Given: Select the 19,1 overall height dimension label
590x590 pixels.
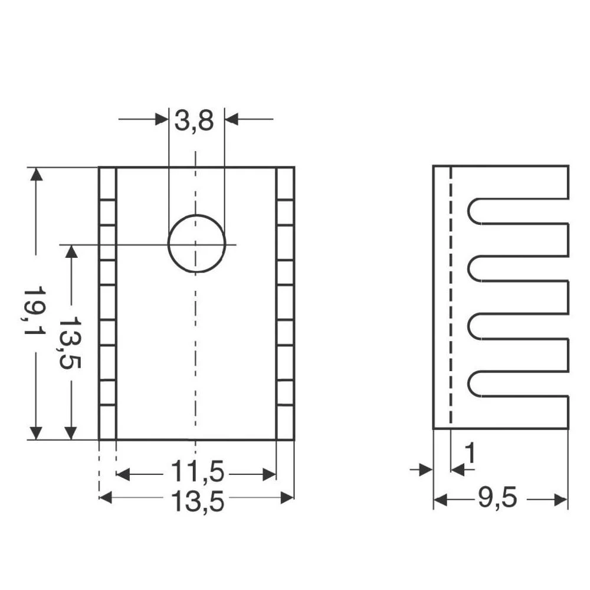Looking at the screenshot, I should pos(35,312).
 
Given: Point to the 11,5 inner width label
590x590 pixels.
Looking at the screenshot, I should pos(197,473).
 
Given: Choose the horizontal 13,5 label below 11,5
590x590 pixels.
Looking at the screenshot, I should pos(197,501).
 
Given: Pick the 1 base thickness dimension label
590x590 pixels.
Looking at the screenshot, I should pos(470,454).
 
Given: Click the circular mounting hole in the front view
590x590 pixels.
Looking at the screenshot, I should pos(196,244).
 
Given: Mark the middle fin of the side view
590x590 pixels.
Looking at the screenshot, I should pos(519,297).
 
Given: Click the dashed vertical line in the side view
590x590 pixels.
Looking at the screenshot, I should pos(451,295).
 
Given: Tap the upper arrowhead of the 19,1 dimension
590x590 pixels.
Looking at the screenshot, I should pos(36,175).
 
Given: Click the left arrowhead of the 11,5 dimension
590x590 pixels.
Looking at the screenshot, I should pos(123,474).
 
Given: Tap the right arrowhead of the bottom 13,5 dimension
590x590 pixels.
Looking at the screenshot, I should pos(287,498).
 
